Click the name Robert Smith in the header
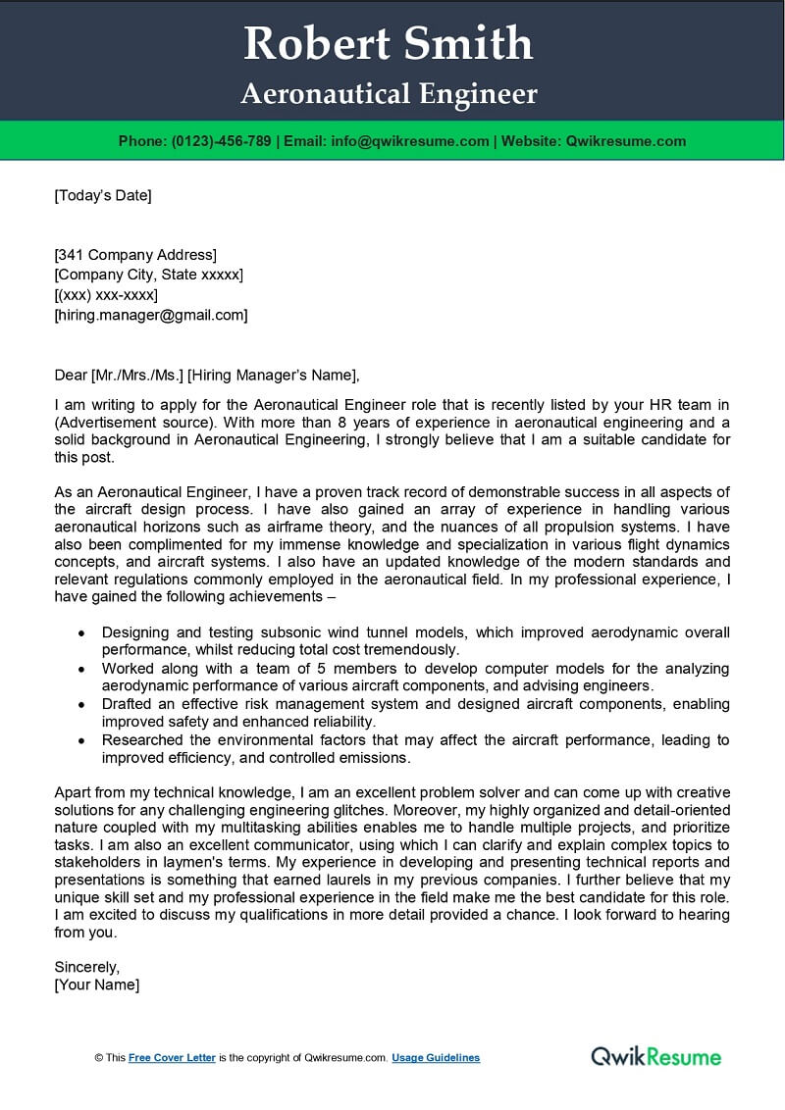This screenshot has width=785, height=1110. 389,44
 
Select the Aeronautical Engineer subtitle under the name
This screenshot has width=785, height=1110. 389,94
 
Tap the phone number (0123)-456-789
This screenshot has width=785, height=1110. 222,141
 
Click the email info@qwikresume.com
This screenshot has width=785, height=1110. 410,141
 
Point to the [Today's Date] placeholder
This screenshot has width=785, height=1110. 103,195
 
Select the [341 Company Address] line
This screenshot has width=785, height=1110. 135,256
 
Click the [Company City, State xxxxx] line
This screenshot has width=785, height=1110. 148,276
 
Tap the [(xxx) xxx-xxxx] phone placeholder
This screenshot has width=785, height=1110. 106,295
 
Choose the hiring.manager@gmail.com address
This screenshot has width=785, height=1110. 151,315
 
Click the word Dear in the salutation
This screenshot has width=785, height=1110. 71,374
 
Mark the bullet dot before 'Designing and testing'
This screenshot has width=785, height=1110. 80,633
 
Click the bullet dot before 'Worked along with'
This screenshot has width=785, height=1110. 80,669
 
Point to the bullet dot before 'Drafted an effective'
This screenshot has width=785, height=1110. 80,704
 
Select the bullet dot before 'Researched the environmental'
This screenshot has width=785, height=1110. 80,740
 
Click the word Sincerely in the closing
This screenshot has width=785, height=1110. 87,965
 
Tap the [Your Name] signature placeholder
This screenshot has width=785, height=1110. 97,984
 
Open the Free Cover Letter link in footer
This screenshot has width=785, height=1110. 172,1058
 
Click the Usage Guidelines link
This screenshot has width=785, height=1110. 436,1058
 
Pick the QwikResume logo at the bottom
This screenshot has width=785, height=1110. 655,1056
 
